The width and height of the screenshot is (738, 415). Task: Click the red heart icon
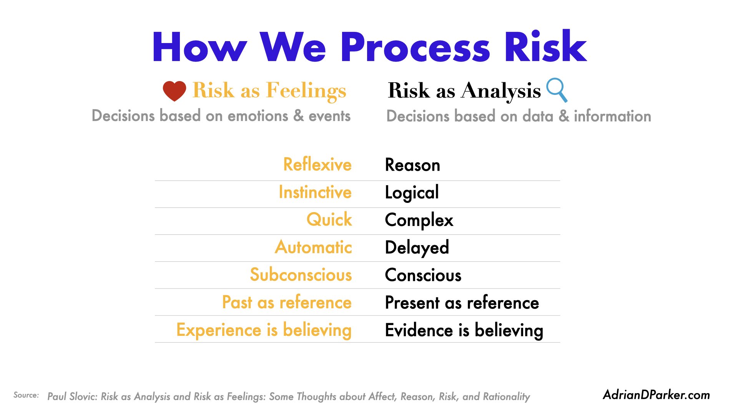[174, 91]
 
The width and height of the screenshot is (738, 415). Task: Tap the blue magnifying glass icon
[557, 90]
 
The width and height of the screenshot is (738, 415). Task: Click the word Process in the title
[415, 47]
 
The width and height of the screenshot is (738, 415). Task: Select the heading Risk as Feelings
[269, 91]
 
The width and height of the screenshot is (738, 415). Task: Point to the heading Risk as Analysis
[464, 91]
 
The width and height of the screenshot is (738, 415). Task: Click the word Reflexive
[317, 164]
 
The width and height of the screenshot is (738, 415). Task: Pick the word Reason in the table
[412, 165]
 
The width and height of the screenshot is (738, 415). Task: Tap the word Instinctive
[315, 192]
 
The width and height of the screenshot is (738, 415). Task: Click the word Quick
[329, 219]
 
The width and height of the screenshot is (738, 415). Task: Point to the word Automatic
[313, 247]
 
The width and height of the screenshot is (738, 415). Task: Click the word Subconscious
[301, 275]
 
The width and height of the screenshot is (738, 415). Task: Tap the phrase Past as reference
[287, 302]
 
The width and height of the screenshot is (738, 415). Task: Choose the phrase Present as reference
[462, 302]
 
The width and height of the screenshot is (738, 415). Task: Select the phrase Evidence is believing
[464, 330]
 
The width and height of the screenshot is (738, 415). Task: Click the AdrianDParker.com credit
[657, 395]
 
